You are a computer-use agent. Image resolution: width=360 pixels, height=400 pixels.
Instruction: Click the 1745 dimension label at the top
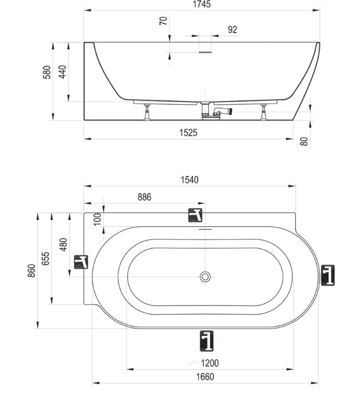[202, 4]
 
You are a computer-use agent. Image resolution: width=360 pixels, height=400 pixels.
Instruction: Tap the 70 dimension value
[163, 22]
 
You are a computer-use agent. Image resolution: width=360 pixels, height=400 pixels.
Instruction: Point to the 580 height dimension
[48, 72]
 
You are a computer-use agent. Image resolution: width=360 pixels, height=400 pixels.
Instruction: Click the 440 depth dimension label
[63, 72]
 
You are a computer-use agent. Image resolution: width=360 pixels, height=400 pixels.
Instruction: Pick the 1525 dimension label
[188, 132]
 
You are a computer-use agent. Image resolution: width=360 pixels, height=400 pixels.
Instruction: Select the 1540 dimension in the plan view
[190, 180]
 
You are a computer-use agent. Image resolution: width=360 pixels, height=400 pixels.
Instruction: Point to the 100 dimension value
[97, 218]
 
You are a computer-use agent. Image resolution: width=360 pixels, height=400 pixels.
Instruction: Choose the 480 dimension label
[64, 245]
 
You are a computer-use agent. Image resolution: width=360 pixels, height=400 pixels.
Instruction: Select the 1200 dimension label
[209, 363]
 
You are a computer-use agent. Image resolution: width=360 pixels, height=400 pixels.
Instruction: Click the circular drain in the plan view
[205, 277]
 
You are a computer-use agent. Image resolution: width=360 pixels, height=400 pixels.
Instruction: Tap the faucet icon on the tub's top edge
[196, 215]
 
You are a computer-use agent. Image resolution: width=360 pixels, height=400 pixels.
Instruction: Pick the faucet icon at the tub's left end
[81, 262]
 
